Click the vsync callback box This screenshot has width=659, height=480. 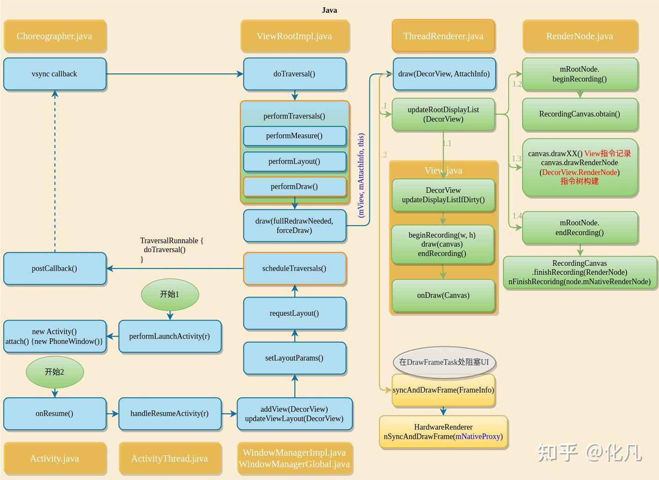[55, 74]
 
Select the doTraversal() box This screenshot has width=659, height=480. [294, 74]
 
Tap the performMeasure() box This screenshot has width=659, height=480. [294, 136]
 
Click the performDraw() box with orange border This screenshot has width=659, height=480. [294, 187]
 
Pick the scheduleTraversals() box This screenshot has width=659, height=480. [294, 269]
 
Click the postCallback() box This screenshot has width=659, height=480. [55, 269]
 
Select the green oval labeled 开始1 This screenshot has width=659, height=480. [170, 294]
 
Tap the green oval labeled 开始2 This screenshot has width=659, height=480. [54, 372]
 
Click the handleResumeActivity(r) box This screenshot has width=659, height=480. [170, 414]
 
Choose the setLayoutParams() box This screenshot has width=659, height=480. [294, 358]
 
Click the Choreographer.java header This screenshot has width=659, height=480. [54, 36]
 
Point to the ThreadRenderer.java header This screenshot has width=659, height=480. [443, 36]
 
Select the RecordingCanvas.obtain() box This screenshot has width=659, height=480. [579, 114]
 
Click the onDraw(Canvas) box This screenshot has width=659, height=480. [443, 296]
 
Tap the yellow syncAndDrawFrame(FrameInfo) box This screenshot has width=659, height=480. [443, 390]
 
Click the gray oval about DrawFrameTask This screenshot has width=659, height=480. [444, 362]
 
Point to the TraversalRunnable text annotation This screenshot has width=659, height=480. [171, 250]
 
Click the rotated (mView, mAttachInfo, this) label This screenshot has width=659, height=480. [361, 175]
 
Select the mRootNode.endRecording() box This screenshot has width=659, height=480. [579, 227]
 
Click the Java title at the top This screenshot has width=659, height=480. [329, 10]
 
